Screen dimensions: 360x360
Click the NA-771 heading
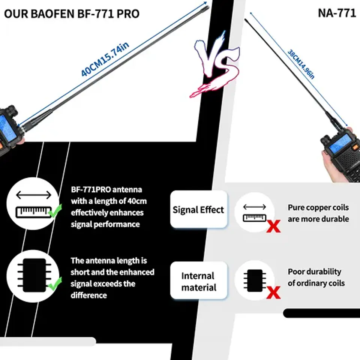(x=336, y=13)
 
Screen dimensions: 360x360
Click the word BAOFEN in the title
(x=54, y=14)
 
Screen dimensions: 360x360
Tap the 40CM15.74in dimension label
(x=105, y=60)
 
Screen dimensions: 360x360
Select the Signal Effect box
(x=198, y=210)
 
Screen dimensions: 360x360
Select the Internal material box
(x=198, y=281)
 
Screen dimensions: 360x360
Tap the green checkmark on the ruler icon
(x=55, y=212)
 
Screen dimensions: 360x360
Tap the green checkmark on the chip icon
(x=55, y=283)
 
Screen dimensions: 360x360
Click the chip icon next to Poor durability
(x=255, y=280)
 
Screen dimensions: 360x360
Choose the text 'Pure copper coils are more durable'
(x=318, y=213)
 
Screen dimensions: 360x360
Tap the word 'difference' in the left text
(x=89, y=295)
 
